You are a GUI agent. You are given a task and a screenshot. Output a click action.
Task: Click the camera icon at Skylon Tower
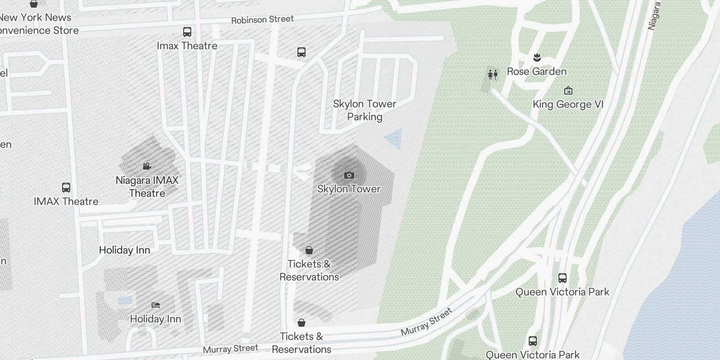pos(349,175)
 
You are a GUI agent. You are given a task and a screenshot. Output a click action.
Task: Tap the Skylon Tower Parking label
pos(364,110)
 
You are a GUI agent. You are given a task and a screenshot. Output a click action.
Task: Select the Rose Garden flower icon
pos(536,58)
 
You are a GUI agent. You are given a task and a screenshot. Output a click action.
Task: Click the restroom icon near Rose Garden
pos(493,74)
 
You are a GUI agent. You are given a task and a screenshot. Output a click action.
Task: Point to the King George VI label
pos(568,104)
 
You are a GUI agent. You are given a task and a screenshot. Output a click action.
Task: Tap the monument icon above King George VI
pos(568,90)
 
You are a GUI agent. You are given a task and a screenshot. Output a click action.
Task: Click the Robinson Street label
pos(262,19)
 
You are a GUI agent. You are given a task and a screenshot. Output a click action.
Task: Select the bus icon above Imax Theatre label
pos(187,32)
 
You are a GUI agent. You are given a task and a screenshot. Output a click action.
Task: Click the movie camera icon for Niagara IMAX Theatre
pos(147,166)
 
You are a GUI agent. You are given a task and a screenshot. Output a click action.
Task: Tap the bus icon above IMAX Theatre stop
pos(66,187)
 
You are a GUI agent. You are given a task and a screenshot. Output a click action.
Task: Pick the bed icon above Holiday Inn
pos(156,305)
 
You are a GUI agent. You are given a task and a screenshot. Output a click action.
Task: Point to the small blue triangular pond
pos(395,138)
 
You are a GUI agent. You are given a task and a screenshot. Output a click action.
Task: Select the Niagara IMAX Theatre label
pos(147,187)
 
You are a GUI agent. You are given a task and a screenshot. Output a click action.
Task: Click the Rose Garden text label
pos(536,72)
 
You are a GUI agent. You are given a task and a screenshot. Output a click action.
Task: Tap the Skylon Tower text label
pos(349,189)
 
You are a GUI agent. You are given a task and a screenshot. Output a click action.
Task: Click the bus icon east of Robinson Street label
pos(301,52)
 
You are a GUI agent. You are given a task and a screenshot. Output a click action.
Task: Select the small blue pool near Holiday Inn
pos(125,300)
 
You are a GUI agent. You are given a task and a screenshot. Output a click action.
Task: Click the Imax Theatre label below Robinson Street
pos(187,46)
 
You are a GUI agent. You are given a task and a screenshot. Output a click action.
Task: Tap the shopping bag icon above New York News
pos(34,4)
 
